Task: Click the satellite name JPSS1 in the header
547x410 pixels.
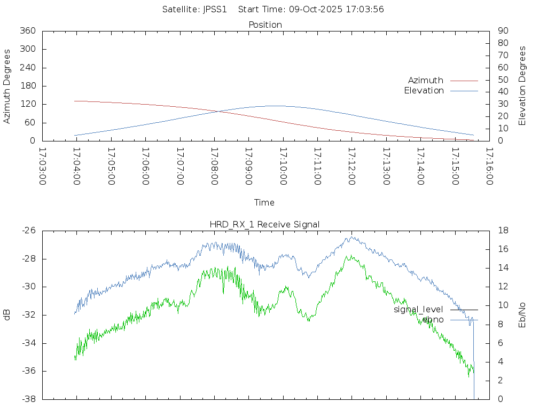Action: [x=214, y=9]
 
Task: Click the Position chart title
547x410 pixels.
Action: [x=265, y=25]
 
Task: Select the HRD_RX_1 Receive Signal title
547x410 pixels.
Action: [x=264, y=224]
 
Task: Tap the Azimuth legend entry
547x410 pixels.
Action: [x=426, y=80]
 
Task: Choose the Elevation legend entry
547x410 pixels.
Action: [x=424, y=91]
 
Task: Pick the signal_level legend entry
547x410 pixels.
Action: [x=418, y=309]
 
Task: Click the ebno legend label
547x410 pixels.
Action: [x=433, y=319]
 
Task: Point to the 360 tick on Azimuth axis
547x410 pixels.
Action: [x=28, y=31]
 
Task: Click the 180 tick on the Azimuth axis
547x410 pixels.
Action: [x=28, y=86]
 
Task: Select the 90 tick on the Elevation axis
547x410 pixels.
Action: [x=502, y=31]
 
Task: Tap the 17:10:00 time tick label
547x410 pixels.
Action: [x=283, y=167]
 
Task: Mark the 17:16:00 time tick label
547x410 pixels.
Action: [x=489, y=167]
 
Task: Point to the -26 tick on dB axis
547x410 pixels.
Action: [x=28, y=231]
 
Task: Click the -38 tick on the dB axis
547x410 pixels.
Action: [x=28, y=399]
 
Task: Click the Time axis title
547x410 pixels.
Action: [x=264, y=202]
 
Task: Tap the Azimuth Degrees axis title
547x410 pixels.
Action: [x=7, y=86]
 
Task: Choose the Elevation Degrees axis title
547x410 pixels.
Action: [x=522, y=86]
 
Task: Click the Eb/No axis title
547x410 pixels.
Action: [x=522, y=315]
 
